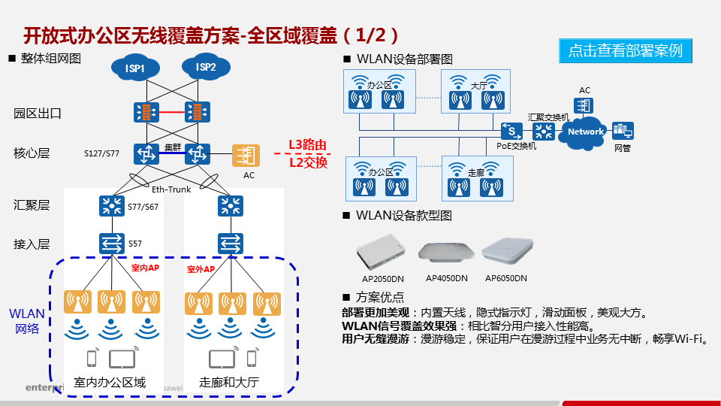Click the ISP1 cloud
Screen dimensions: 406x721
tap(135, 69)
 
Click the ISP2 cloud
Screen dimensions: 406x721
tap(206, 68)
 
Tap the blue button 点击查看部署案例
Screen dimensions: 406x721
tap(625, 50)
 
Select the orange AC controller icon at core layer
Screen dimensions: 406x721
tap(245, 156)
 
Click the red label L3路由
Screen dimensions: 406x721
tap(308, 145)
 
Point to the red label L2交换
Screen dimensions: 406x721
tap(308, 161)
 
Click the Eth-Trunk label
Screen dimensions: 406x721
tap(171, 189)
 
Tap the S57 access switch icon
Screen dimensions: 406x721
tap(112, 243)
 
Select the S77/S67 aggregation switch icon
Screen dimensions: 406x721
tap(112, 205)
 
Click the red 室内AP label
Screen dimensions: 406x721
tap(145, 268)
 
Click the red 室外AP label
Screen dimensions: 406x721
tap(201, 268)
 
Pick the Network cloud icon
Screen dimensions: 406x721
tap(586, 132)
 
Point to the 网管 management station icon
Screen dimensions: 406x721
tap(623, 131)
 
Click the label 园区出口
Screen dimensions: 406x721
tap(37, 114)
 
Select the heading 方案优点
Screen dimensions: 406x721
tap(379, 297)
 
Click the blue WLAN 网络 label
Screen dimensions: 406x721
tap(27, 321)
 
